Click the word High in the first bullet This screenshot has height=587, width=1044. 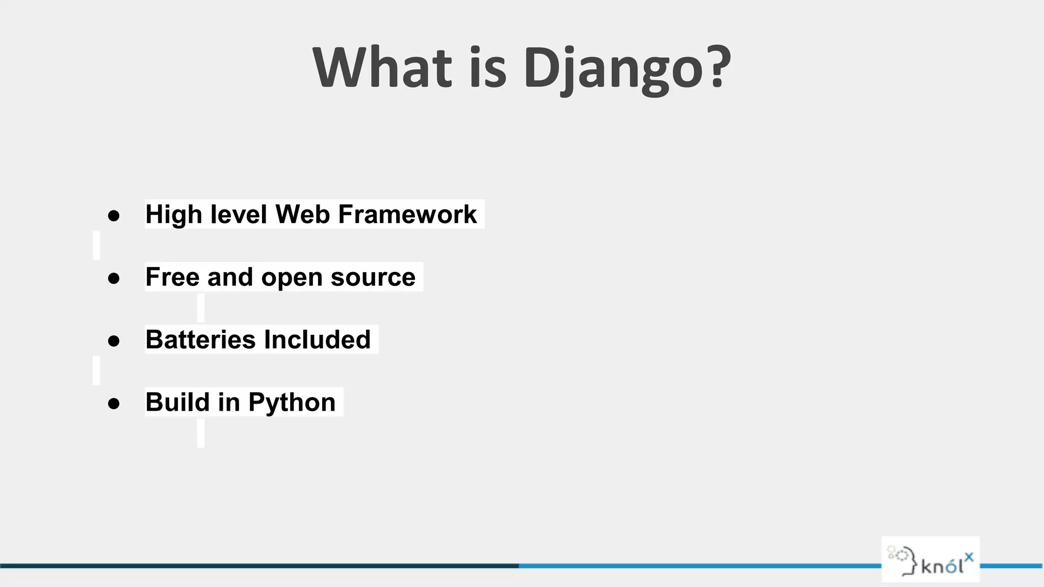173,215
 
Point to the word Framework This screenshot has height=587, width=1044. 407,214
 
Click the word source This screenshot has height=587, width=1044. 373,277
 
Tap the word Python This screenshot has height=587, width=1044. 292,403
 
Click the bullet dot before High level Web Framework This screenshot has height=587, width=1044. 114,216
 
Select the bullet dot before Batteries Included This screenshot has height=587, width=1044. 114,341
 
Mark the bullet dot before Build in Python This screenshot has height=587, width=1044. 114,404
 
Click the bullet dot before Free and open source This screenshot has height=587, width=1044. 114,278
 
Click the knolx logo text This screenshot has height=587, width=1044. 946,565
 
